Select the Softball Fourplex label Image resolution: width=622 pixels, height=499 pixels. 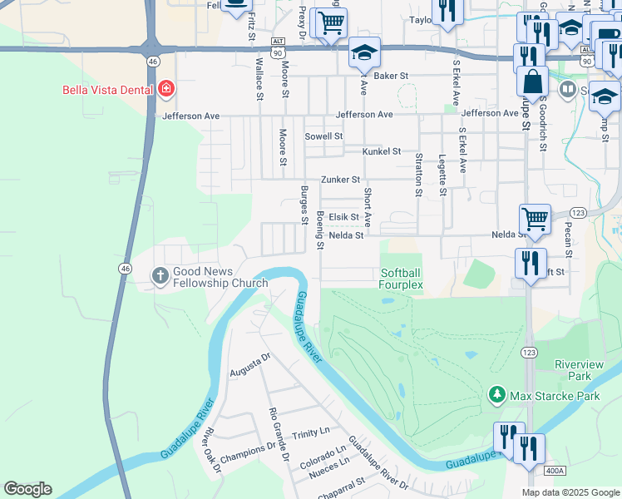click(402, 279)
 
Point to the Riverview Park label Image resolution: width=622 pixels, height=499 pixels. click(578, 369)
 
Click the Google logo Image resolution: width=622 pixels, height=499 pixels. click(27, 489)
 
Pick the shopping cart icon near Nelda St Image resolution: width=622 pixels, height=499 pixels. click(535, 220)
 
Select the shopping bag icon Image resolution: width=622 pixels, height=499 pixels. click(532, 82)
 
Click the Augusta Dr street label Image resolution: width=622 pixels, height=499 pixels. click(250, 363)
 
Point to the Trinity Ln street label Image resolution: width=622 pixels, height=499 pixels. click(311, 433)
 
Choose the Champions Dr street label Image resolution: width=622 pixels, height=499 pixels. click(247, 447)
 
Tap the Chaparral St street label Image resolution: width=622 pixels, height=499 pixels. click(343, 483)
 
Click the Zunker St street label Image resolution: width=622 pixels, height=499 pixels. click(341, 179)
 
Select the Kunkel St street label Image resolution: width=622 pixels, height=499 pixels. click(382, 151)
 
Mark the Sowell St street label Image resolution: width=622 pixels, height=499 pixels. click(323, 136)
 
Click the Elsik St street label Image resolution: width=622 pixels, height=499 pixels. click(343, 217)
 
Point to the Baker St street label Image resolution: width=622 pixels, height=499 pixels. click(392, 76)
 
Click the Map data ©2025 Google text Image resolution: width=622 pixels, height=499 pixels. click(570, 492)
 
